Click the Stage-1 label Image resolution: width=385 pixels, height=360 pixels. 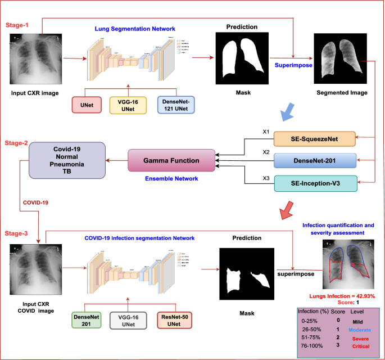tap(18, 26)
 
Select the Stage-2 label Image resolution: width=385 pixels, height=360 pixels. tap(19, 143)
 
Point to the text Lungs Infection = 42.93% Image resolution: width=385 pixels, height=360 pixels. tap(342, 296)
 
